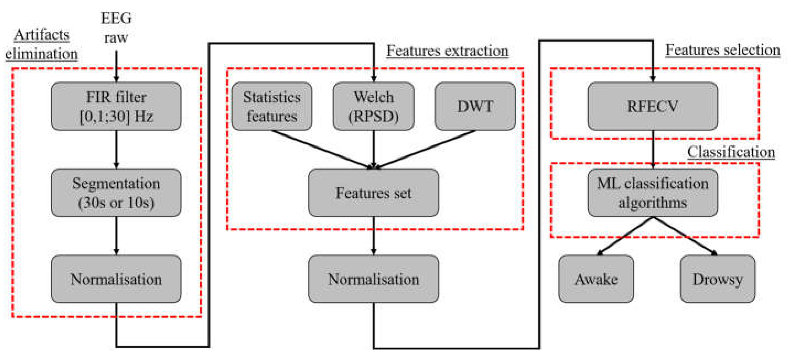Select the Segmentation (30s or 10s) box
tap(116, 193)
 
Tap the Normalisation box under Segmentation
tap(116, 279)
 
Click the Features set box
tap(373, 193)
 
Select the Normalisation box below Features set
tap(373, 279)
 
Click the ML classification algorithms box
tap(653, 193)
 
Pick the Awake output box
tap(596, 279)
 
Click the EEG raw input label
tap(116, 28)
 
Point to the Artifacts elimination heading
tap(42, 44)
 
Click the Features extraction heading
tap(448, 51)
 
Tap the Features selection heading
tap(722, 49)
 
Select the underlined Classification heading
tap(731, 152)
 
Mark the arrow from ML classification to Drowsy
tap(684, 235)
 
